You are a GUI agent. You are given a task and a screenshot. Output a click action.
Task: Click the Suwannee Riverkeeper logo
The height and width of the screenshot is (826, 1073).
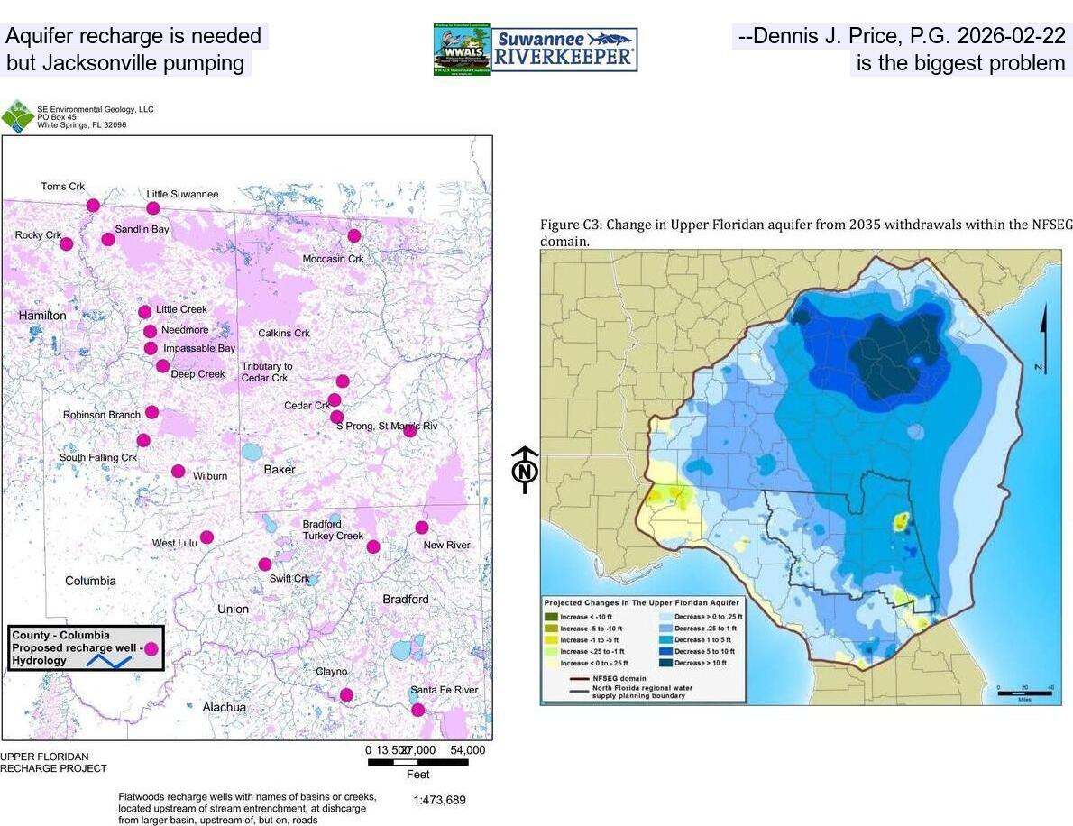click(x=564, y=50)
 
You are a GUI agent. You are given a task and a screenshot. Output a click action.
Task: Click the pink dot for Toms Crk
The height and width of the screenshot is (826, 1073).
click(x=93, y=206)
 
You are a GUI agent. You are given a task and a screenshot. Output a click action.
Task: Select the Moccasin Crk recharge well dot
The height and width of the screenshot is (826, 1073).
click(x=354, y=235)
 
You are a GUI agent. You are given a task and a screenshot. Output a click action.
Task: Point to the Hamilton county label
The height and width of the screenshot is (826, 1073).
click(x=42, y=316)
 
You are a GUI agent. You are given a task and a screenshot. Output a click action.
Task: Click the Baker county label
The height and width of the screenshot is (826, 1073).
click(x=280, y=470)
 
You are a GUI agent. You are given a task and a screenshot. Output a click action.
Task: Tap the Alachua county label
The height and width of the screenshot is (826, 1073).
click(x=224, y=707)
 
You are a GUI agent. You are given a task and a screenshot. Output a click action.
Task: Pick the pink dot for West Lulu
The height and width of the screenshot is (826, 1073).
click(x=206, y=537)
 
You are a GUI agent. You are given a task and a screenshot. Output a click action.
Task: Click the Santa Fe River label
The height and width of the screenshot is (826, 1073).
click(x=444, y=690)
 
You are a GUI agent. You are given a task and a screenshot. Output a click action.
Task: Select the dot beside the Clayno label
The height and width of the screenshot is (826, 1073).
click(x=346, y=694)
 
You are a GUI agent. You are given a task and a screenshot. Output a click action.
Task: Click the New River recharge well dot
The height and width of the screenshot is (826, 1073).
click(x=421, y=528)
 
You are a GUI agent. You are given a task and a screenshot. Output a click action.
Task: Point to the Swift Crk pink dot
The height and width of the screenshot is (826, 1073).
click(x=264, y=564)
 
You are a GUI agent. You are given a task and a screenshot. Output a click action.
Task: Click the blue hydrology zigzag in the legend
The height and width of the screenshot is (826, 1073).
click(x=108, y=661)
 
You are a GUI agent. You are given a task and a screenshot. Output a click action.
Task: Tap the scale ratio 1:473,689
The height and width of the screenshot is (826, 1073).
click(x=439, y=800)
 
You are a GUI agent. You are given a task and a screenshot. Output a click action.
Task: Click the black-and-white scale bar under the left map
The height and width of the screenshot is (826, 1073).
click(x=417, y=762)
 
